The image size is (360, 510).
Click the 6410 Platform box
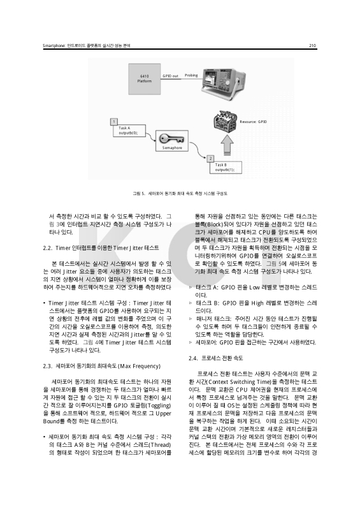(145, 79)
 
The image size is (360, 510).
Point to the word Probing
(191, 75)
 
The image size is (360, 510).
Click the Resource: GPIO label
(253, 120)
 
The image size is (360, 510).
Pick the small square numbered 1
(113, 121)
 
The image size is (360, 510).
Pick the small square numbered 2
(210, 157)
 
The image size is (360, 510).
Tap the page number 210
(313, 45)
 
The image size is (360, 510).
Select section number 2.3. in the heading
(48, 349)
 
